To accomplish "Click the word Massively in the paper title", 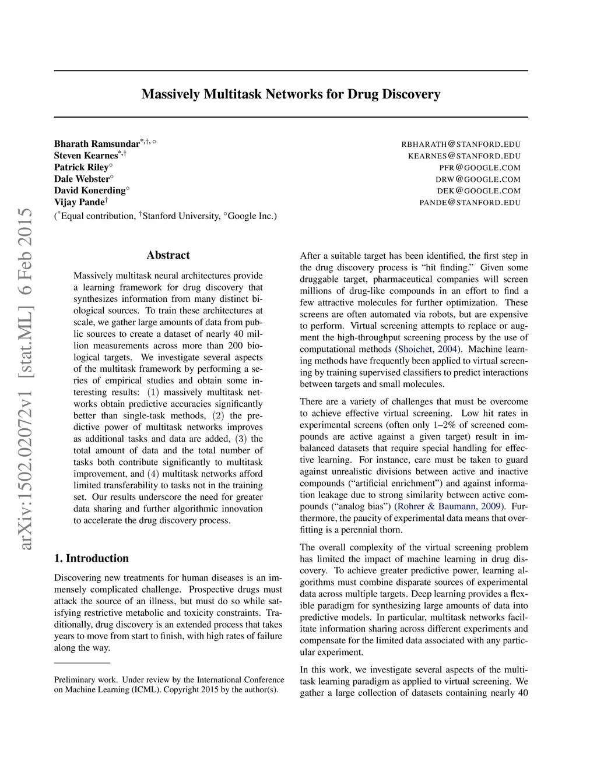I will point(171,94).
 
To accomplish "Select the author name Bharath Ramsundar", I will point(97,144).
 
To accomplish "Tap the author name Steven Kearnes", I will point(86,156).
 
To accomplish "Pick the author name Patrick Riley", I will point(81,167).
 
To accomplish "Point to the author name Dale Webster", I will point(82,179).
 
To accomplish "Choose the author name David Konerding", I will point(90,191).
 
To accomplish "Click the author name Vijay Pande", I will point(79,202).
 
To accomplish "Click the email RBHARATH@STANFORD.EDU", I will point(461,144).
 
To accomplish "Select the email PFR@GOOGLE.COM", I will point(479,168).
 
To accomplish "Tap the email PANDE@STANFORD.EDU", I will point(470,203).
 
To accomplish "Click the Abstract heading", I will point(168,255).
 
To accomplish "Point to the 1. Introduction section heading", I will point(92,558).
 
